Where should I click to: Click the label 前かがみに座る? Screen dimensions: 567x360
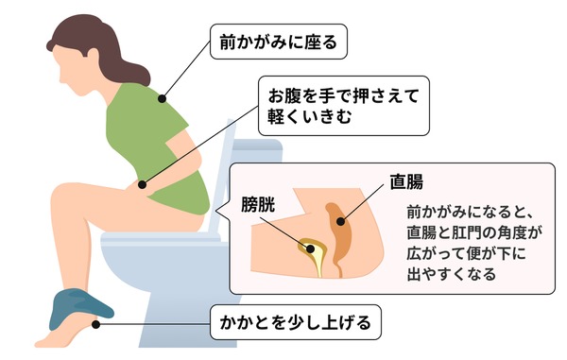[279, 42]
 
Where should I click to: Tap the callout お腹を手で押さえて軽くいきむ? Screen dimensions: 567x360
[344, 106]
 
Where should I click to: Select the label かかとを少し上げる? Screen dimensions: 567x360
[296, 322]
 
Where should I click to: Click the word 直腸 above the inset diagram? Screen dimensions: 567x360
[406, 181]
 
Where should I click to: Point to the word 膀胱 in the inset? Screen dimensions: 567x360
[258, 205]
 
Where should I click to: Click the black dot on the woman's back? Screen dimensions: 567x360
[162, 98]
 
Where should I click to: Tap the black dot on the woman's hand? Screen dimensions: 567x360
[142, 184]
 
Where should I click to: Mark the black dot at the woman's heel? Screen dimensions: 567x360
[95, 325]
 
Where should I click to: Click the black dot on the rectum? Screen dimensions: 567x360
[340, 221]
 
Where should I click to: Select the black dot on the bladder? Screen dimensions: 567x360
[310, 249]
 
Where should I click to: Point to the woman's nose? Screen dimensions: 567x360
[61, 77]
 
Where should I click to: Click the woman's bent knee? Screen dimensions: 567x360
[61, 196]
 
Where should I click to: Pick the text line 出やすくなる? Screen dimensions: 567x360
[452, 274]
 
